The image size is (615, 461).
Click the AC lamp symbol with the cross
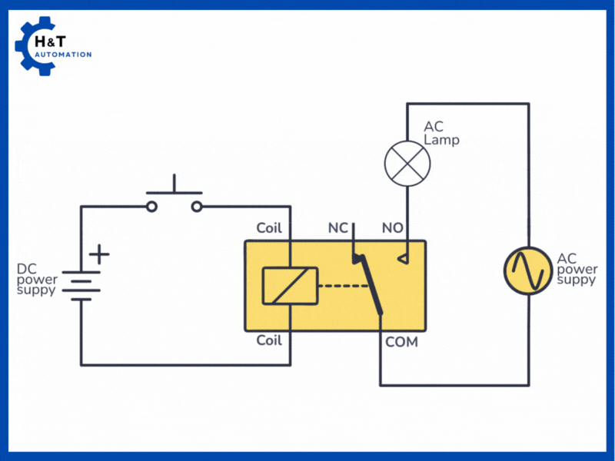(x=407, y=163)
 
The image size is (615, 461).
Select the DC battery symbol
(x=81, y=284)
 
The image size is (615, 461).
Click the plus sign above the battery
(x=100, y=254)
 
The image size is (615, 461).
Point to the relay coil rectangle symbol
(x=290, y=285)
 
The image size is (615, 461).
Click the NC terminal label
(x=337, y=228)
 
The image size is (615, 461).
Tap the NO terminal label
(x=393, y=228)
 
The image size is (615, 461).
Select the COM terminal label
(x=401, y=342)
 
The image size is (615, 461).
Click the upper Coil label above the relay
(x=269, y=228)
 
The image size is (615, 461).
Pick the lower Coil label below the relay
(x=269, y=340)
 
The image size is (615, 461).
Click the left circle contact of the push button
(x=152, y=206)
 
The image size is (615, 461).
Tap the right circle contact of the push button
(x=197, y=206)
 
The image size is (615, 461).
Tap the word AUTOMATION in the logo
(x=63, y=55)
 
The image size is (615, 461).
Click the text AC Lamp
(x=441, y=133)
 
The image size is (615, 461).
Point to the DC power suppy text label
(x=36, y=280)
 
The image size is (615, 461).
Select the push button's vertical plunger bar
(x=175, y=184)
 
